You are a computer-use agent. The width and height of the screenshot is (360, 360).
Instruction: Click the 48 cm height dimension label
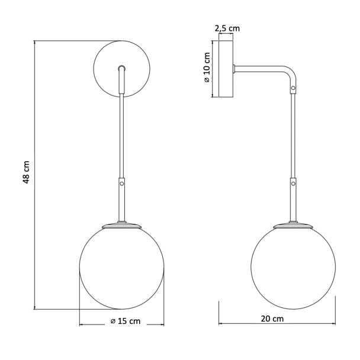(27, 172)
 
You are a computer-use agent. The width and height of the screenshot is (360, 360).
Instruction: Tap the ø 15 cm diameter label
(126, 321)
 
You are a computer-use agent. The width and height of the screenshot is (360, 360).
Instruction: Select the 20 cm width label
(272, 319)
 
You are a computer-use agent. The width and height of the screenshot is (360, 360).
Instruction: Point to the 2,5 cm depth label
(227, 28)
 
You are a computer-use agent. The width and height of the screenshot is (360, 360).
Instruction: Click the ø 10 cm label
(207, 67)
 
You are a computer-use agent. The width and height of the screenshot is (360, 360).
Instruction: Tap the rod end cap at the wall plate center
(122, 68)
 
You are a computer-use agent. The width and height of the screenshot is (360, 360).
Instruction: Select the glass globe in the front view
(79, 268)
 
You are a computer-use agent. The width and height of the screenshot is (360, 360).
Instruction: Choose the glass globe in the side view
(251, 268)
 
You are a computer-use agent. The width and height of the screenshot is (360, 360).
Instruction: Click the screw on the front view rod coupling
(122, 184)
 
